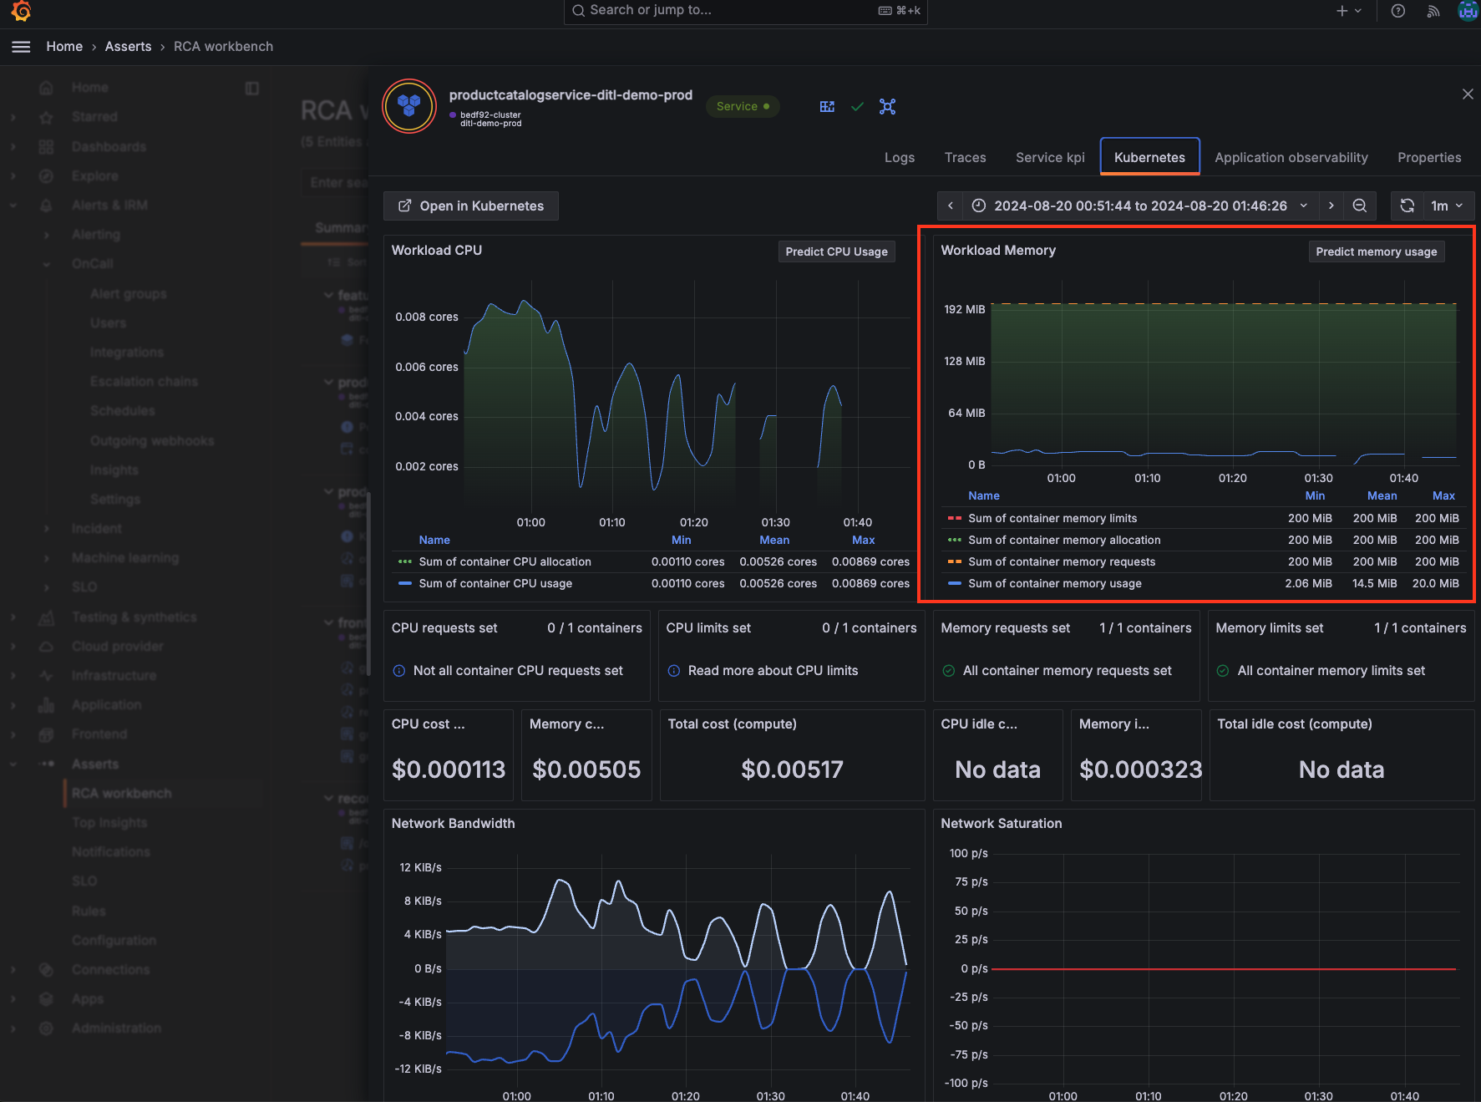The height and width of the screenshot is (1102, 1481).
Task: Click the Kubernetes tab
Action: pos(1149,157)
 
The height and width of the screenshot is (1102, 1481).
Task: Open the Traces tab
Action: pos(965,157)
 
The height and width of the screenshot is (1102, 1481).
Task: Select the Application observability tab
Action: pos(1291,157)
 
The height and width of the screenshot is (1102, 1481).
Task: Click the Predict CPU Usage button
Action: pos(836,251)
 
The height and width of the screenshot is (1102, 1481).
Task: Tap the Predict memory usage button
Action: pos(1376,251)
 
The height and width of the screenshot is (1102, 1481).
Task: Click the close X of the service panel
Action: pos(1468,94)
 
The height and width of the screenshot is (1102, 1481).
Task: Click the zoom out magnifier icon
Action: pos(1360,206)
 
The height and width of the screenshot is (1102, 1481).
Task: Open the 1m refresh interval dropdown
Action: pos(1447,206)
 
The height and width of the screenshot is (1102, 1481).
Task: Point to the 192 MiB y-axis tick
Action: pos(964,309)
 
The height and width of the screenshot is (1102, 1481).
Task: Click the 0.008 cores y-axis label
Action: pos(426,317)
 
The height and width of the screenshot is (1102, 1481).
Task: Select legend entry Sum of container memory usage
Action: pos(1054,583)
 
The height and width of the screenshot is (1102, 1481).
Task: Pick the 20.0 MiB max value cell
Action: pos(1435,583)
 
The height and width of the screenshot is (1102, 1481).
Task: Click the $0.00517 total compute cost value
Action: pos(792,769)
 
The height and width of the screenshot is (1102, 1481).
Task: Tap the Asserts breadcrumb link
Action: pos(128,47)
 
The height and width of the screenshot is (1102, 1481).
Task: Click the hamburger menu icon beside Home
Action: pos(21,47)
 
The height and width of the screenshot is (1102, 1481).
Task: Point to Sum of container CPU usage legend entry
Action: pos(495,583)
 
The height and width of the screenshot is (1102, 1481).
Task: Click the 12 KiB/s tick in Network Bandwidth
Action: pos(420,867)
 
